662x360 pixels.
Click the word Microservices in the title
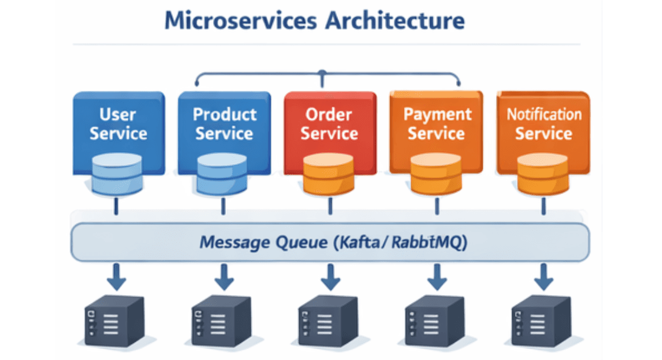tap(240, 20)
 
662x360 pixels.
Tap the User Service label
tap(118, 124)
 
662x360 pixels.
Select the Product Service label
tap(225, 124)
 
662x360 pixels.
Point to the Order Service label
tap(329, 124)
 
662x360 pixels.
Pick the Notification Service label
tap(544, 124)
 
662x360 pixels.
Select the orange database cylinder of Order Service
tap(328, 174)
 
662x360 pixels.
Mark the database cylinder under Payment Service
tap(435, 174)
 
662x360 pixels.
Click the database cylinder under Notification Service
tap(543, 174)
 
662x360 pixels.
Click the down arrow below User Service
tap(117, 278)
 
